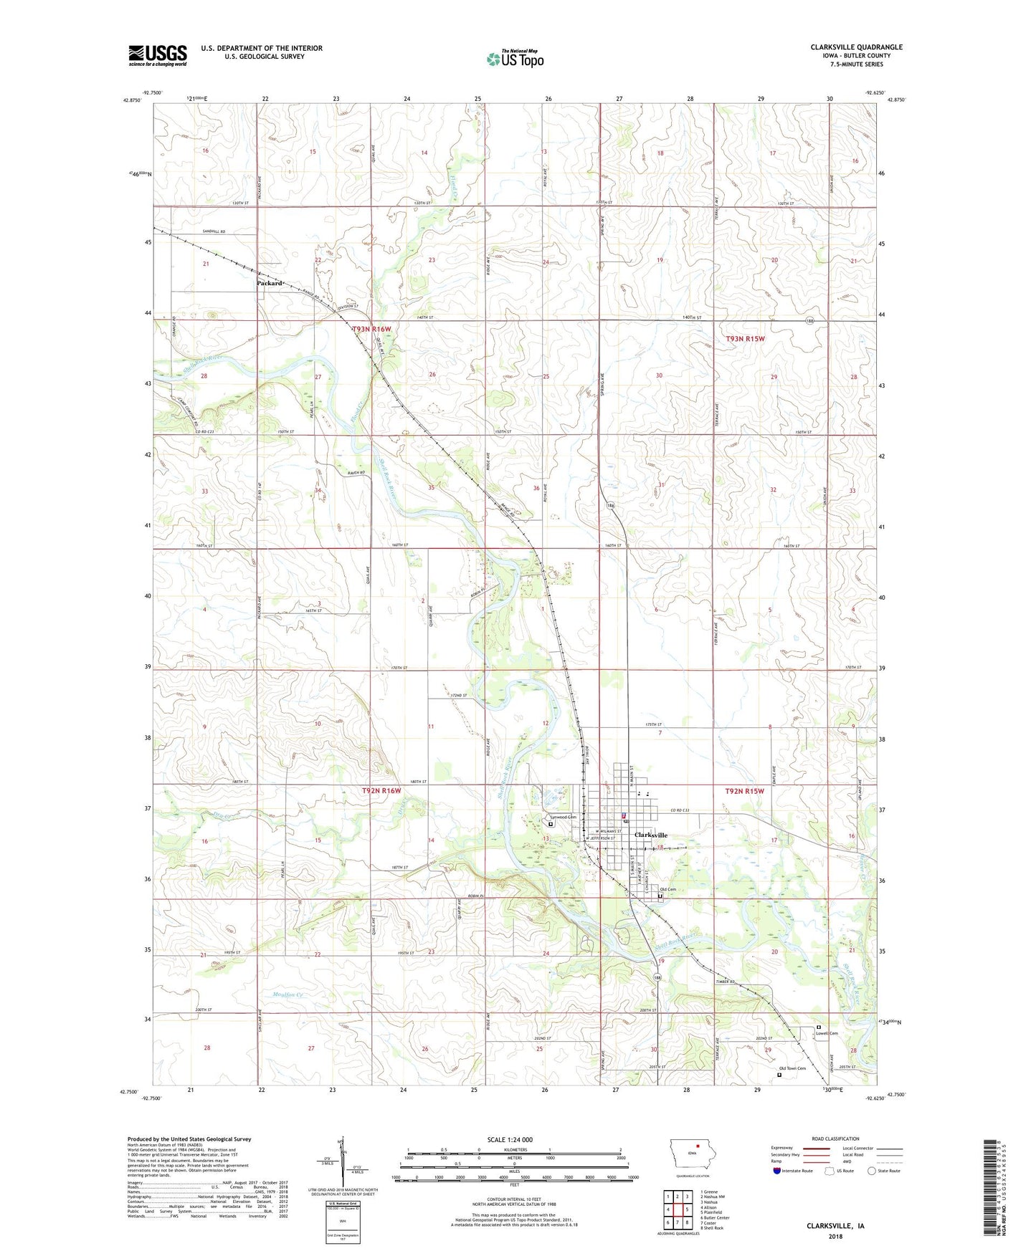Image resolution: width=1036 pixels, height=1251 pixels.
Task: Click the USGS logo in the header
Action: click(158, 55)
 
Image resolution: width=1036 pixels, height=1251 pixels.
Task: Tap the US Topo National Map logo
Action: click(515, 59)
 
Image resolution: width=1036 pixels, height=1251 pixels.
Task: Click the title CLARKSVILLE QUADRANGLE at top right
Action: click(856, 47)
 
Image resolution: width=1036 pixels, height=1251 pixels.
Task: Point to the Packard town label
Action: click(270, 283)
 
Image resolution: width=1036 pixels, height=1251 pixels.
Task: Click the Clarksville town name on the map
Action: click(650, 835)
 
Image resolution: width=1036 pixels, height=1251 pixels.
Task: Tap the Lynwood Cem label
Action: click(564, 817)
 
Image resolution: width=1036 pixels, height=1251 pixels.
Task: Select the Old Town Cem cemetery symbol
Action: click(780, 1074)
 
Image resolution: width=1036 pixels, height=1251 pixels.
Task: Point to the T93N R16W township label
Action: click(372, 329)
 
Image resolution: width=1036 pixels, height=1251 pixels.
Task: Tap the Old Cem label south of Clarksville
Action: click(667, 889)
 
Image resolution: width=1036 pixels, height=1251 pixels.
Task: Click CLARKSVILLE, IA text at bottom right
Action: click(835, 1226)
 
